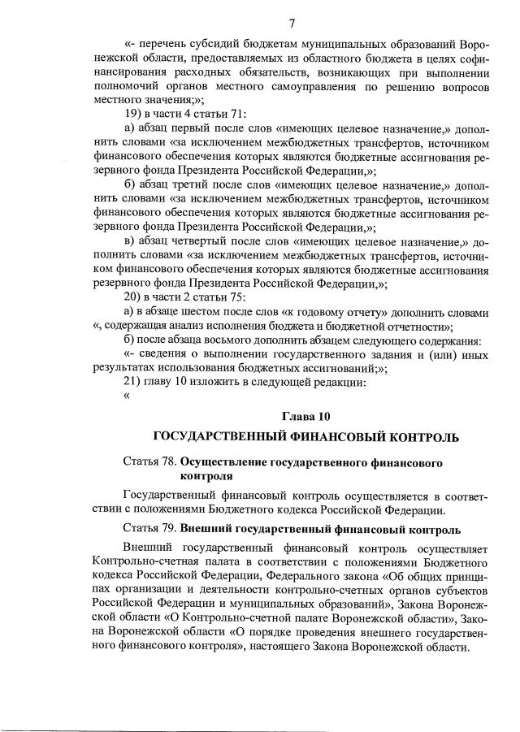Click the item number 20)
134,297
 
